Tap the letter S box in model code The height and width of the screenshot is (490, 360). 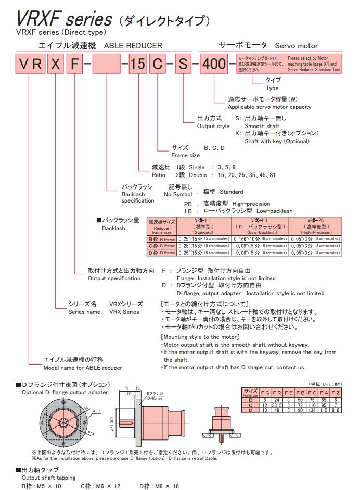pyautogui.click(x=183, y=65)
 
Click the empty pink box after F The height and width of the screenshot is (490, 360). pyautogui.click(x=107, y=65)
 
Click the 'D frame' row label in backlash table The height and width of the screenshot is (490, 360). pyautogui.click(x=161, y=252)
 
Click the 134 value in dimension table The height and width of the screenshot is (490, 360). pyautogui.click(x=313, y=410)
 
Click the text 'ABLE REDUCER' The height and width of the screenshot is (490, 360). pyautogui.click(x=133, y=46)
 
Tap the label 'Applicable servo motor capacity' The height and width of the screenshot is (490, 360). pyautogui.click(x=269, y=107)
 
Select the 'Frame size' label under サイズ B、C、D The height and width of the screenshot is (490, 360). pyautogui.click(x=185, y=155)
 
